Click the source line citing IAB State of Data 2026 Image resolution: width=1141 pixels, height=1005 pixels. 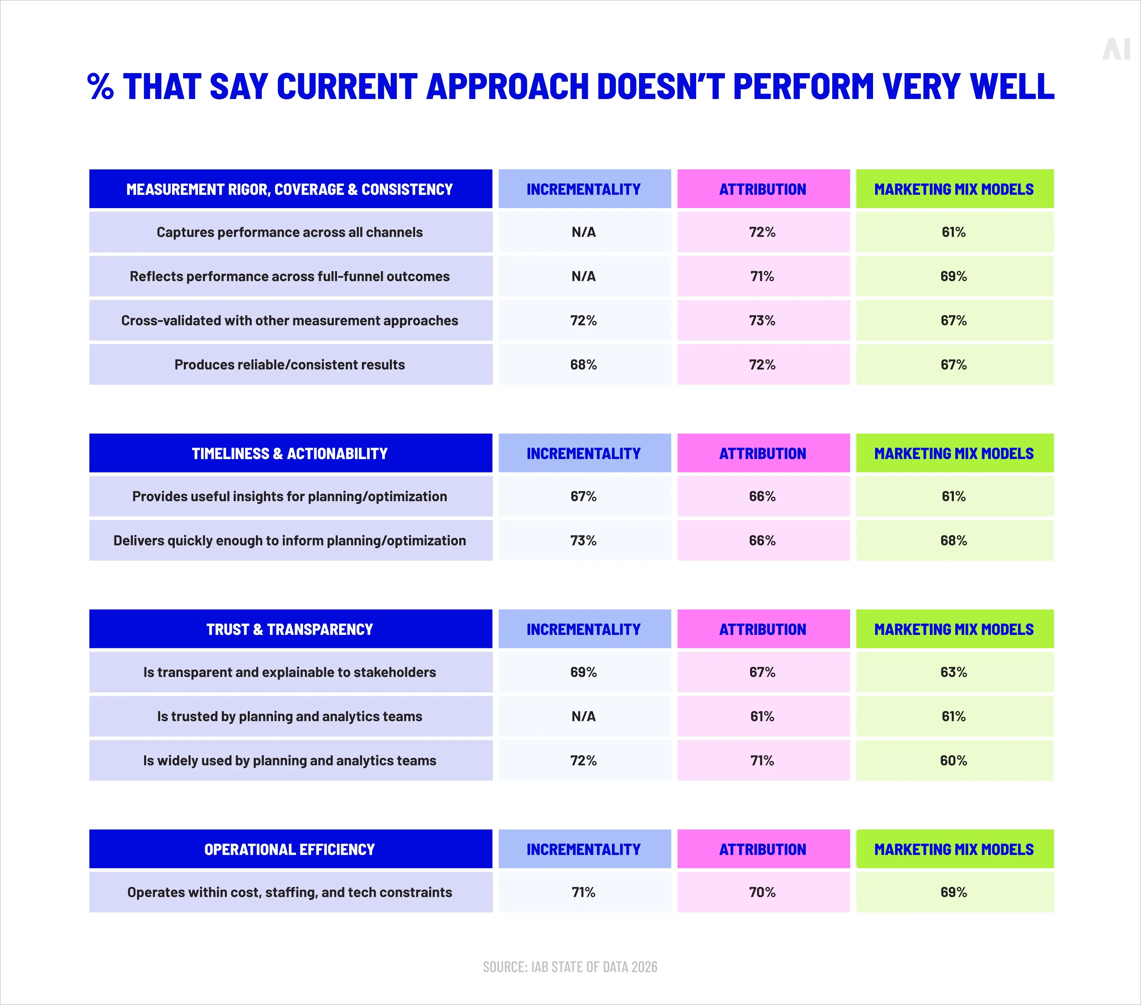[570, 967]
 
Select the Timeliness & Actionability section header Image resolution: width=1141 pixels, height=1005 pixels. [290, 453]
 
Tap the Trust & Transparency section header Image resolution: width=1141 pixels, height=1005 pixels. [290, 629]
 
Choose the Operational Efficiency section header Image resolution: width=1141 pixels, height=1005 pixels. [290, 849]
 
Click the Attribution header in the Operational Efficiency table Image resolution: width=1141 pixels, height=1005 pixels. [763, 849]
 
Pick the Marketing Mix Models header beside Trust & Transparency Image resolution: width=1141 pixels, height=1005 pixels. [954, 629]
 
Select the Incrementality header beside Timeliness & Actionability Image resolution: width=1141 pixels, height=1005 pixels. [584, 453]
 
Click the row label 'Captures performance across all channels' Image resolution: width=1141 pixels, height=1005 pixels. [290, 232]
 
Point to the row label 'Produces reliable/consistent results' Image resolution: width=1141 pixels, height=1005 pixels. [290, 365]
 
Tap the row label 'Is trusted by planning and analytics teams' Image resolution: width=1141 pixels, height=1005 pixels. [290, 716]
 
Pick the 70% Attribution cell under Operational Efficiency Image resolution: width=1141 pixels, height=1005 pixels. [763, 892]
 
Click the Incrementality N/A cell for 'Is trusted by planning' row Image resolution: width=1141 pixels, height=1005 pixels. [584, 716]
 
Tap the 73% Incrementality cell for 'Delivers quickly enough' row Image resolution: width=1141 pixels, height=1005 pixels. [584, 541]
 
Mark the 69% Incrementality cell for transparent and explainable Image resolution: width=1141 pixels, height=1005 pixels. [584, 672]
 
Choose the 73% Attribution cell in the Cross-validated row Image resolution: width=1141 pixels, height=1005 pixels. [763, 321]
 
